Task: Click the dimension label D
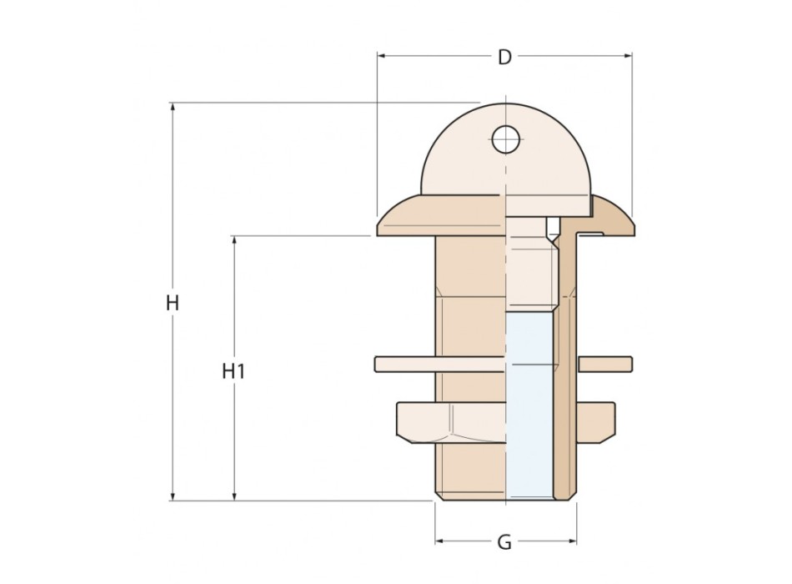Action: tap(504, 57)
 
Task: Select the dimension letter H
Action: tap(173, 303)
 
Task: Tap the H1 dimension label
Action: tap(233, 371)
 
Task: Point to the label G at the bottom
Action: tap(504, 543)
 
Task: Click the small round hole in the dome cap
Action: tap(505, 139)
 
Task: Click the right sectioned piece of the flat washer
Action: tap(605, 364)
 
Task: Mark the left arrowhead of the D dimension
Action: tap(382, 57)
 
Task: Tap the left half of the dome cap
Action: tap(463, 163)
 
